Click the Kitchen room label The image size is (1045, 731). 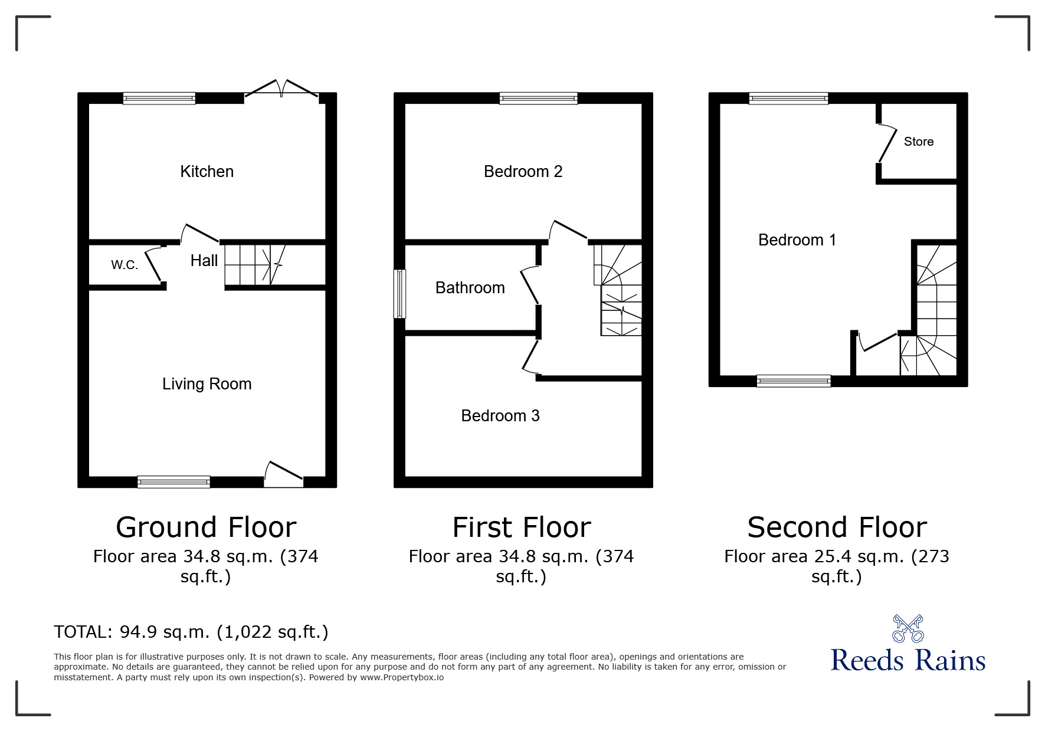(207, 172)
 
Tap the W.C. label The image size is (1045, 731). (125, 265)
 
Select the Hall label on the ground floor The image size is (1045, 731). (204, 261)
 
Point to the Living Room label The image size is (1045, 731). (207, 384)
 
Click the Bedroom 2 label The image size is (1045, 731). (523, 172)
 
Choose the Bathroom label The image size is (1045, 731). (470, 288)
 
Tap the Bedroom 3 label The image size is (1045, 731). (500, 416)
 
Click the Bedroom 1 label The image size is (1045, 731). (797, 240)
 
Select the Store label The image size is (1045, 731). (919, 142)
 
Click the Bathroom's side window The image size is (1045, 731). (400, 294)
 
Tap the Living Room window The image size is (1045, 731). (173, 482)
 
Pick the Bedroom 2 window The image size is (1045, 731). (538, 99)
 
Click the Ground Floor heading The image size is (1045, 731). (206, 527)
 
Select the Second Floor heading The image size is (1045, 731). (837, 527)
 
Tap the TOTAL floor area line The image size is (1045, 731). (191, 632)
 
